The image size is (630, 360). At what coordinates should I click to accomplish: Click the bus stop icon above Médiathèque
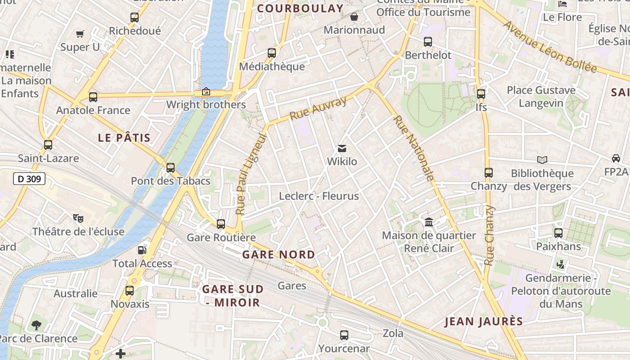pyautogui.click(x=272, y=53)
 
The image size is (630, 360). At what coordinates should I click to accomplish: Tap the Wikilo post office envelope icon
pyautogui.click(x=342, y=148)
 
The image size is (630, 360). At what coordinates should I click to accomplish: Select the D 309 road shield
pyautogui.click(x=29, y=179)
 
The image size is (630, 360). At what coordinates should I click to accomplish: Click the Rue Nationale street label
pyautogui.click(x=413, y=148)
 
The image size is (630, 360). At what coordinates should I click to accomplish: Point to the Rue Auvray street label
pyautogui.click(x=318, y=108)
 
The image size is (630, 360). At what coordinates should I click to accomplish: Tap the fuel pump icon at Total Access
pyautogui.click(x=142, y=250)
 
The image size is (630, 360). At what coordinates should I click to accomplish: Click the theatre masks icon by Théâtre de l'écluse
pyautogui.click(x=78, y=218)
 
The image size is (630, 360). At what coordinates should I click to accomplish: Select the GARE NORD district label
pyautogui.click(x=279, y=255)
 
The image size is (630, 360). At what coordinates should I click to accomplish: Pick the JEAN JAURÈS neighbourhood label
pyautogui.click(x=484, y=321)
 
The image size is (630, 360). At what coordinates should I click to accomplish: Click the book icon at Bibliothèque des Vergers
pyautogui.click(x=542, y=160)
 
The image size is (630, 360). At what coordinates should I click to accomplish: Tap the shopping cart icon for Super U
pyautogui.click(x=80, y=34)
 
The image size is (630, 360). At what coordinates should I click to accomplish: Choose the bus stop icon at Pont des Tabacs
pyautogui.click(x=171, y=168)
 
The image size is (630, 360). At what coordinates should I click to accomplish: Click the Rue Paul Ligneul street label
pyautogui.click(x=251, y=174)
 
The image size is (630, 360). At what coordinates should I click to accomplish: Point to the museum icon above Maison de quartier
pyautogui.click(x=429, y=222)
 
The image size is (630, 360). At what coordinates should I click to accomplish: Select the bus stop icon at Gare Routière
pyautogui.click(x=221, y=224)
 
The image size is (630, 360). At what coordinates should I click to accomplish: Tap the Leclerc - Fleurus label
pyautogui.click(x=319, y=196)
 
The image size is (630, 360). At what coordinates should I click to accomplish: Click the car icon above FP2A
pyautogui.click(x=616, y=158)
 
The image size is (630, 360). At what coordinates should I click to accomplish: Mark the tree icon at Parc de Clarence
pyautogui.click(x=36, y=325)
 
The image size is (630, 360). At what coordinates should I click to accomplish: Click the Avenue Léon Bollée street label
pyautogui.click(x=549, y=46)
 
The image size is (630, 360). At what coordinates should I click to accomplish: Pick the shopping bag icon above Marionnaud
pyautogui.click(x=354, y=17)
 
